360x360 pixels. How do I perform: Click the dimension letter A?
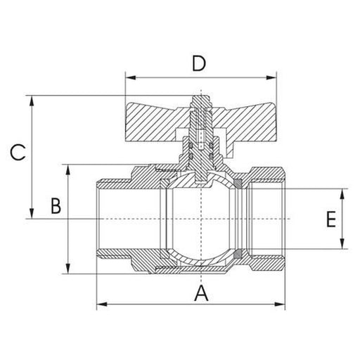coord(202,294)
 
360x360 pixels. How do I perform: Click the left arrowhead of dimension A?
coord(99,304)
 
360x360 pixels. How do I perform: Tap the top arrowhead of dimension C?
coord(32,99)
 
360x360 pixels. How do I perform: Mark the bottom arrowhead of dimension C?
coord(32,215)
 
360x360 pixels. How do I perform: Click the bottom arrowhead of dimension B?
coord(68,271)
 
